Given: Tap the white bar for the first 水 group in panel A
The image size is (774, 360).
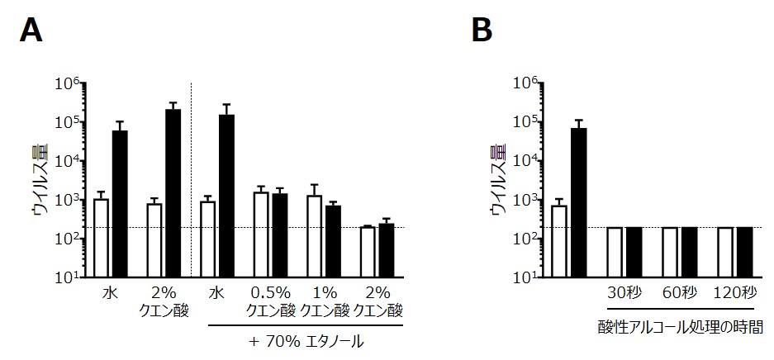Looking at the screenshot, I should [x=102, y=238].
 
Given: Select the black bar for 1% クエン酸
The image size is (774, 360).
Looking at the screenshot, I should [x=333, y=241].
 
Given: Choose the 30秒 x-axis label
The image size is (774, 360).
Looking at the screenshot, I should [x=624, y=294].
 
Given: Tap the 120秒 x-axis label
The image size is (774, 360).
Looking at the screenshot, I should [x=735, y=294].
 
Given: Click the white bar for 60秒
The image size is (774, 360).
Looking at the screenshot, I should [x=670, y=253].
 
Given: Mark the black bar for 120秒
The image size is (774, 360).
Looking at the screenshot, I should [x=744, y=253].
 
